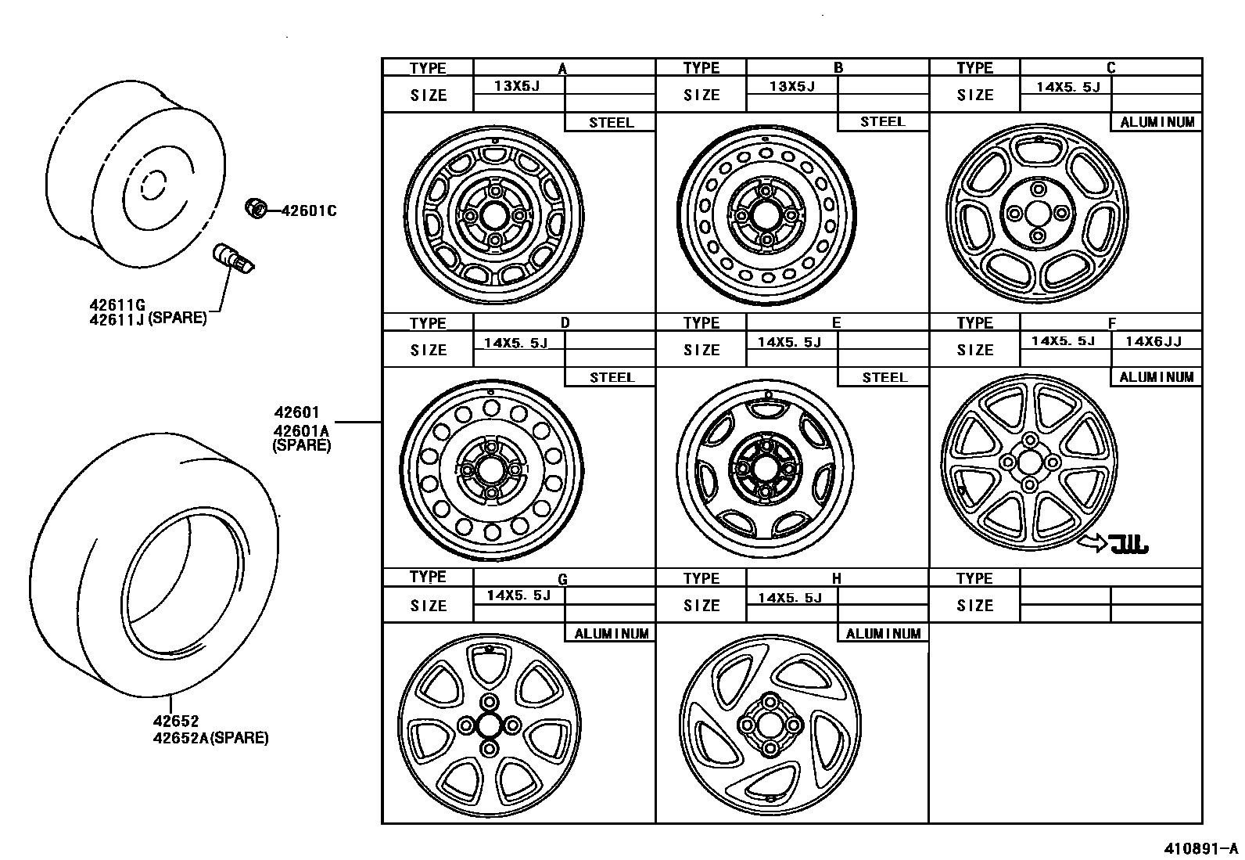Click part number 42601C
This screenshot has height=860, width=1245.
[308, 211]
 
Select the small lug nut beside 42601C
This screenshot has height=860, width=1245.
[254, 207]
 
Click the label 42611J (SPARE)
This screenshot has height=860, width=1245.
[148, 318]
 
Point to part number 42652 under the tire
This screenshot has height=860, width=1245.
[176, 721]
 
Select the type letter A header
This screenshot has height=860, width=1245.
[562, 68]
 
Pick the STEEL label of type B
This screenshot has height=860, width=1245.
[882, 122]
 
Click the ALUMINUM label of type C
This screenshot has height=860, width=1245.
[1157, 122]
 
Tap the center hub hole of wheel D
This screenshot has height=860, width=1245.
[491, 470]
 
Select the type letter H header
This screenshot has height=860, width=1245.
[836, 578]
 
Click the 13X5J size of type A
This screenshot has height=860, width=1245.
[517, 86]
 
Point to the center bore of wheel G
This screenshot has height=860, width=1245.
[490, 725]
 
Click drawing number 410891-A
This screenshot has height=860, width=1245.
[1200, 848]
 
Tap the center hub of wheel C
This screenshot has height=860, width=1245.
[1038, 213]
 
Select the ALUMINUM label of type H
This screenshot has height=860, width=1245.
[883, 633]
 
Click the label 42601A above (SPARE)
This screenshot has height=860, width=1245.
[302, 430]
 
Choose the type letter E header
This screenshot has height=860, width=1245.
[836, 322]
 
